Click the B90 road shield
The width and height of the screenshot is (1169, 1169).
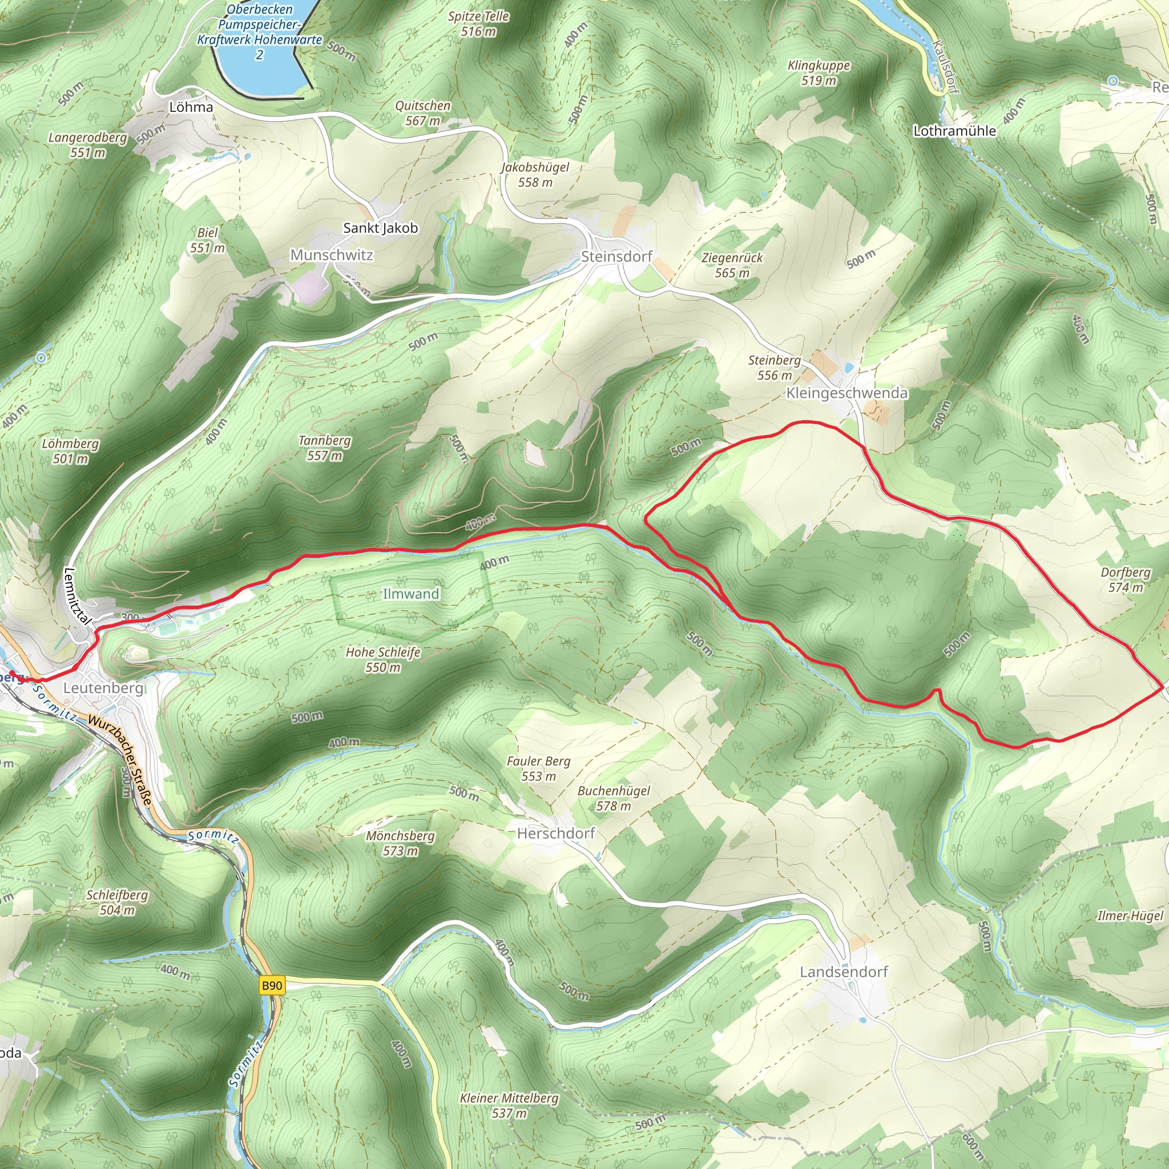click(x=272, y=986)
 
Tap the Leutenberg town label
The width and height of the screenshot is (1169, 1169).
click(x=103, y=688)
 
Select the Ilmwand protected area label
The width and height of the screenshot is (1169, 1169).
click(x=411, y=594)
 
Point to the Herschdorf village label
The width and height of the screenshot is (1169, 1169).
click(x=556, y=833)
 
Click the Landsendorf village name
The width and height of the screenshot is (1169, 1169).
click(x=844, y=971)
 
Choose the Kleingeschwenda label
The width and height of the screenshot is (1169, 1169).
click(x=846, y=393)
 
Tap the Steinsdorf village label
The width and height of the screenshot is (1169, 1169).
click(x=616, y=256)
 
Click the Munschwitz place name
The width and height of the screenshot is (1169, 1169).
click(x=332, y=255)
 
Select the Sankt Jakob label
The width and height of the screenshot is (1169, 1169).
click(x=380, y=228)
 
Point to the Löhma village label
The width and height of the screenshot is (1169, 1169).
click(x=191, y=107)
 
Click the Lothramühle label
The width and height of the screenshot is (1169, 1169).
click(x=954, y=131)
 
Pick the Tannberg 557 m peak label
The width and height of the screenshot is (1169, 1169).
click(x=324, y=448)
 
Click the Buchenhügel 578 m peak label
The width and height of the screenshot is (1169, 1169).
click(x=614, y=798)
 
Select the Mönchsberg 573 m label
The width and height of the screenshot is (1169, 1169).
click(x=400, y=843)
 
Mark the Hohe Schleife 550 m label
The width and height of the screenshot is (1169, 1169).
click(x=383, y=659)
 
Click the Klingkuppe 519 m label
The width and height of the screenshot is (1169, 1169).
click(x=819, y=72)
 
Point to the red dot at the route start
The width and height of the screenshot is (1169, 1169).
click(x=13, y=674)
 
